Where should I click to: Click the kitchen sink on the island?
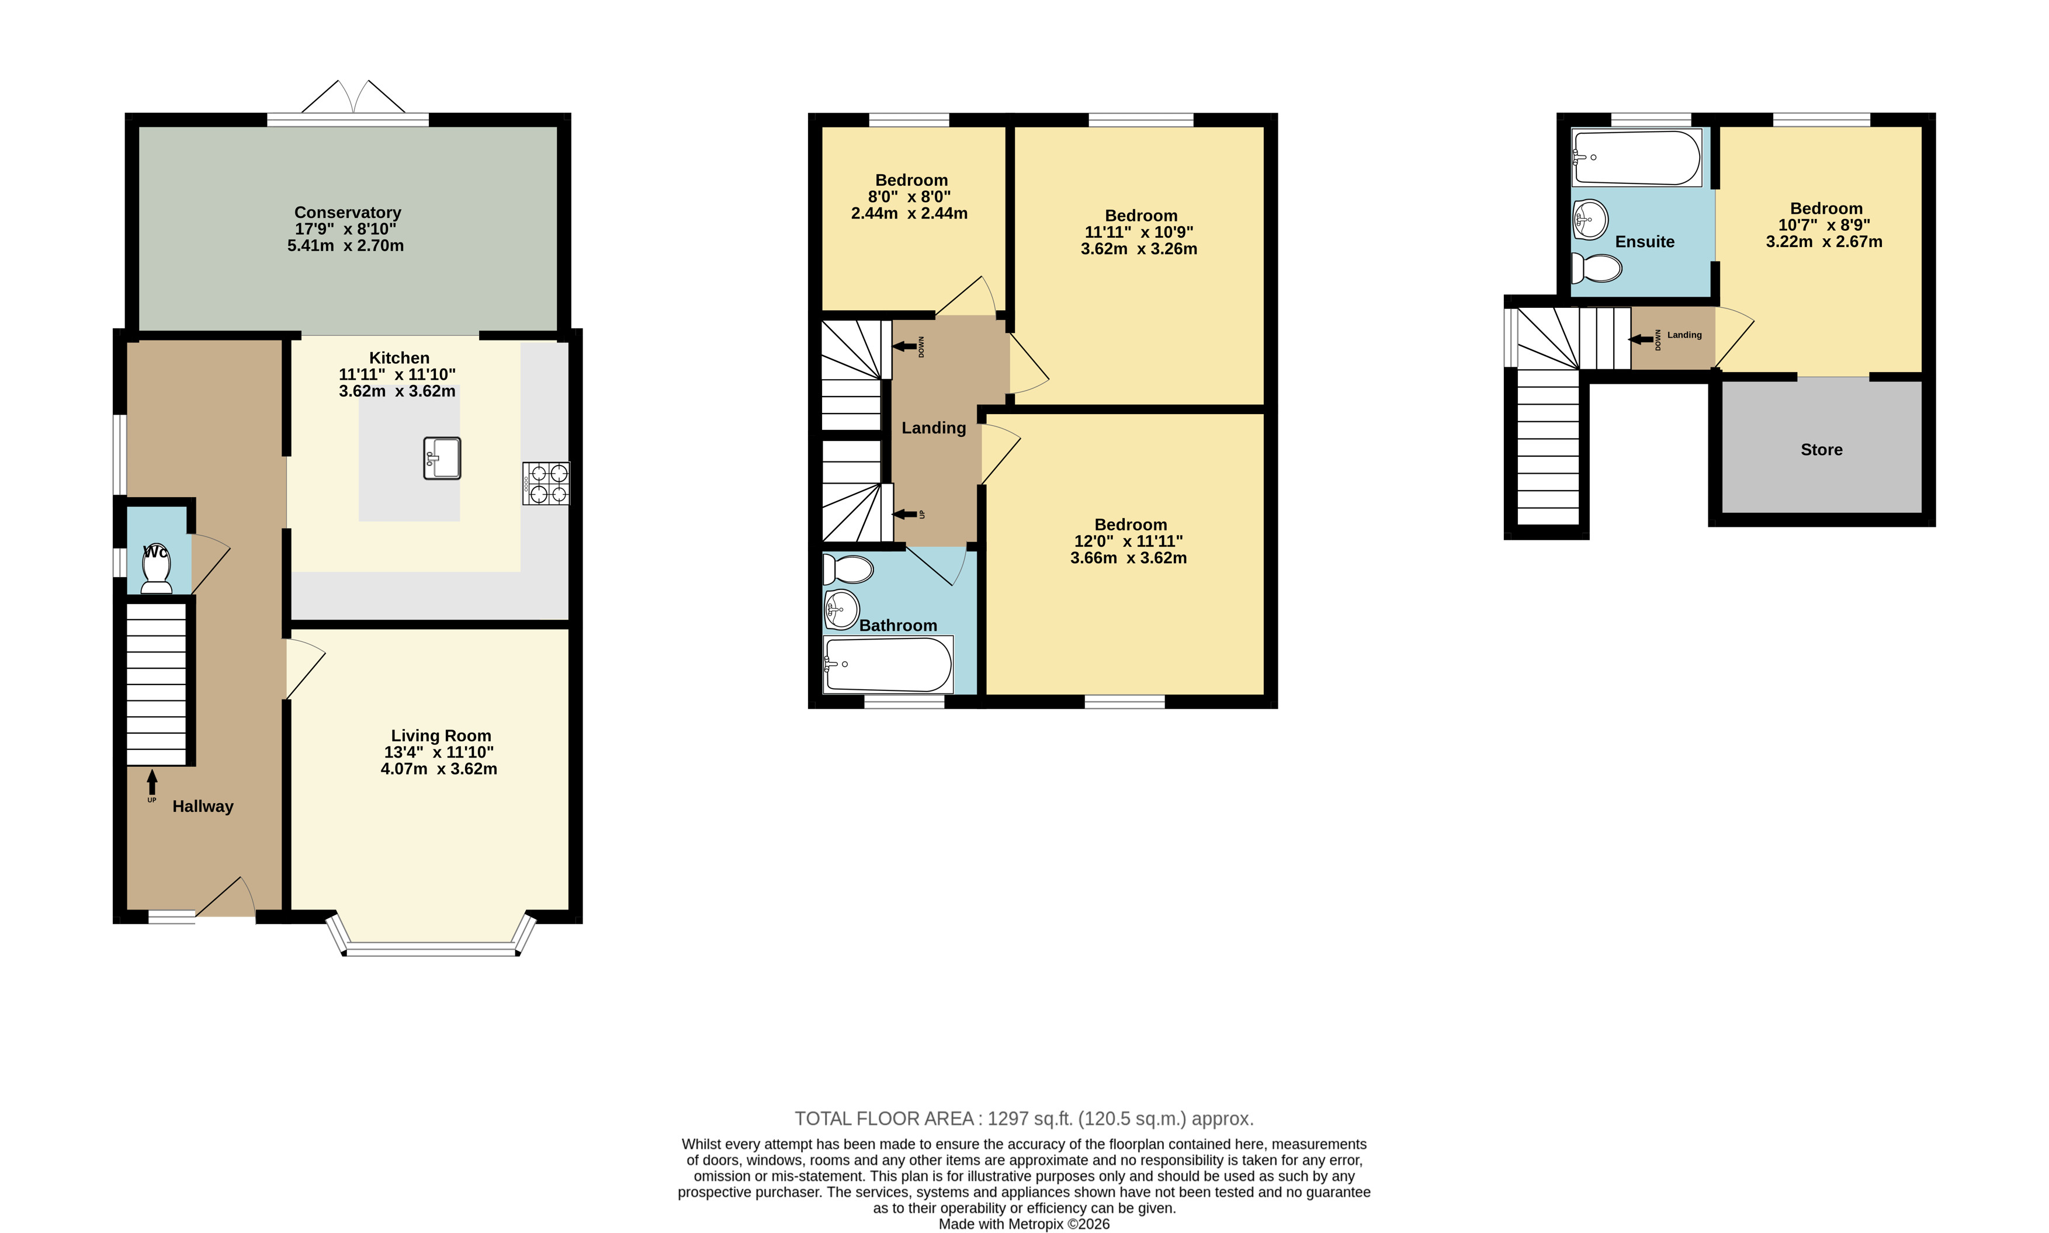[442, 459]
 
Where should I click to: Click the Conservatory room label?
[347, 213]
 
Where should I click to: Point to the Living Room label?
[441, 735]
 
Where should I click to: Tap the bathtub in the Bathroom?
[888, 664]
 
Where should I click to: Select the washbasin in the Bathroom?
[841, 610]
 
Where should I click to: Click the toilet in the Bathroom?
[848, 570]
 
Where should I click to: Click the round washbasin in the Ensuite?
[1590, 220]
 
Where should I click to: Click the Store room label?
[1821, 450]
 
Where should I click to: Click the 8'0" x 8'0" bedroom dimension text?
[909, 197]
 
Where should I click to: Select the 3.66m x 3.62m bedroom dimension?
[1128, 558]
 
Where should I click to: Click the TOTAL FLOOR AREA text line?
[1024, 1119]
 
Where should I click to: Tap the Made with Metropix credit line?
[1024, 1224]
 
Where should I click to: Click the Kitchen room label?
[399, 358]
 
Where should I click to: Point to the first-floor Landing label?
[934, 428]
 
